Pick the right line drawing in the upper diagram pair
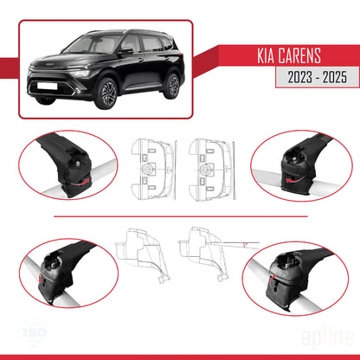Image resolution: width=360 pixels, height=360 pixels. pyautogui.click(x=209, y=162)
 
